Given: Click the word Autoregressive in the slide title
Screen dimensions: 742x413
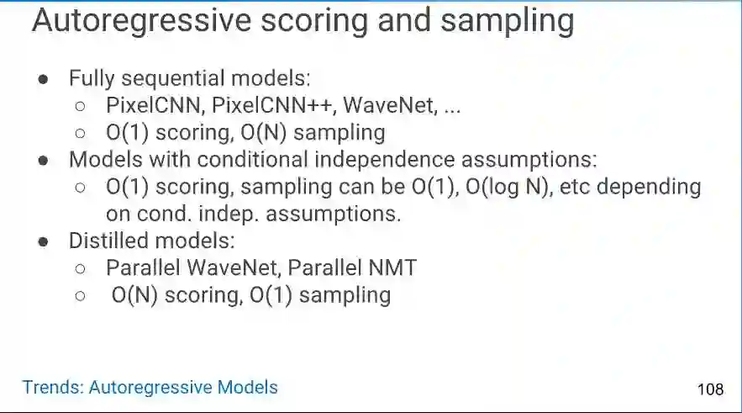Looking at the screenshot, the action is pos(141,21).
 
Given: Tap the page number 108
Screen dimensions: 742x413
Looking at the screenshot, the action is pos(710,389).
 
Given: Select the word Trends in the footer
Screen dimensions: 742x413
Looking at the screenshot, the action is pos(53,387).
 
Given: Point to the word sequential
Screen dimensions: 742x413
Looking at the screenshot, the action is pos(173,78).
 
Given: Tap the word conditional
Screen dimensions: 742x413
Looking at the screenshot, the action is pos(253,159).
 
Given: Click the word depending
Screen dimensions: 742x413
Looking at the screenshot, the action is pos(649,187).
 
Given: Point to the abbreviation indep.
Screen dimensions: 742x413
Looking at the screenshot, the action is pos(229,214).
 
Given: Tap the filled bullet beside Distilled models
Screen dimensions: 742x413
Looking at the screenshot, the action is pos(43,242).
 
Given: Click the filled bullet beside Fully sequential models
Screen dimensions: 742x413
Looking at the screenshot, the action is pos(43,79).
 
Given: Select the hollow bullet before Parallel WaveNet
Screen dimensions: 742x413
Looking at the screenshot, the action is pos(80,269).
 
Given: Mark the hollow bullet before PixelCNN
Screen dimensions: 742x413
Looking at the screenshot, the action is pos(80,106).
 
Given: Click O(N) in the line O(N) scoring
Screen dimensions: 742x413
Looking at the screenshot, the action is pos(134,295).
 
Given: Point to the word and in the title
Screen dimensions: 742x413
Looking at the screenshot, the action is pos(404,21).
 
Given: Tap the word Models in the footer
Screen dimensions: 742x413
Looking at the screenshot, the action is pos(248,387).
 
